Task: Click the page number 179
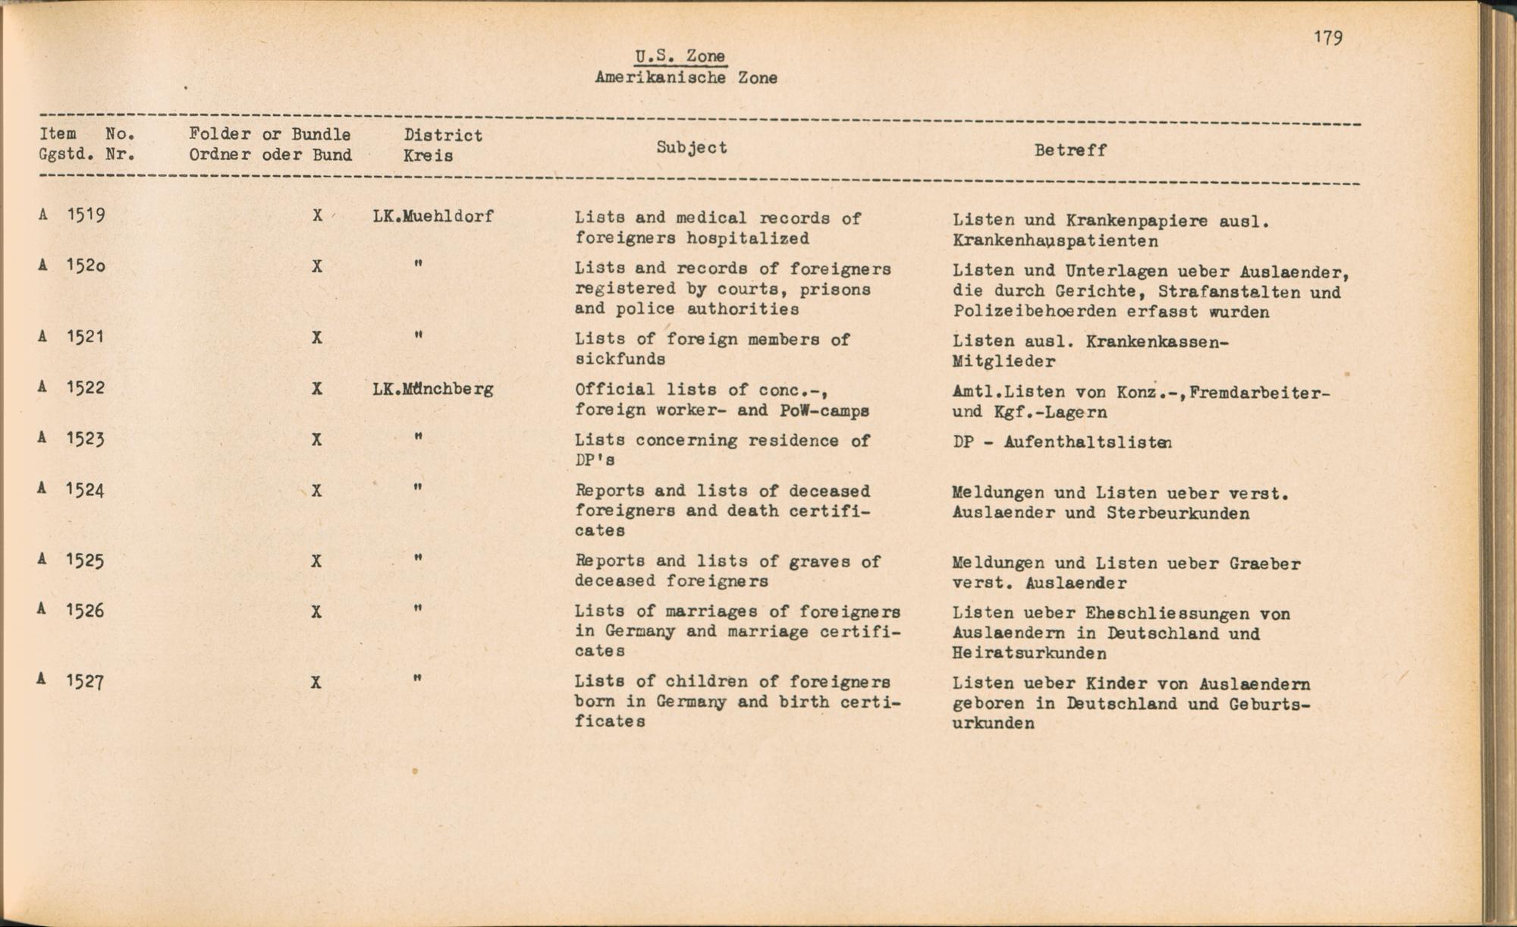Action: click(x=1328, y=38)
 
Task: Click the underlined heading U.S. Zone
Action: click(x=680, y=56)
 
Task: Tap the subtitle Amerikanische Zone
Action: click(x=686, y=77)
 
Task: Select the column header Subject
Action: click(x=691, y=147)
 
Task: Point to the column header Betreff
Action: click(x=1070, y=150)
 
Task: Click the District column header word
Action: click(x=443, y=135)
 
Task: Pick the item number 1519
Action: click(x=86, y=215)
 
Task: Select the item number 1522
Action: click(x=86, y=388)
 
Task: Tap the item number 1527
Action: click(x=86, y=681)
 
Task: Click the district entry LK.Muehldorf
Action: click(x=433, y=216)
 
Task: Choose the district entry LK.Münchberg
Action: click(x=433, y=389)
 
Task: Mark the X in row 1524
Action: click(x=317, y=491)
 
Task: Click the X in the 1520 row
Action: click(x=317, y=266)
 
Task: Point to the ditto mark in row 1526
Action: click(x=418, y=608)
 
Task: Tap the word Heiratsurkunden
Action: click(x=1029, y=653)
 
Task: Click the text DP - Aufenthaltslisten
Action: click(x=1062, y=442)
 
